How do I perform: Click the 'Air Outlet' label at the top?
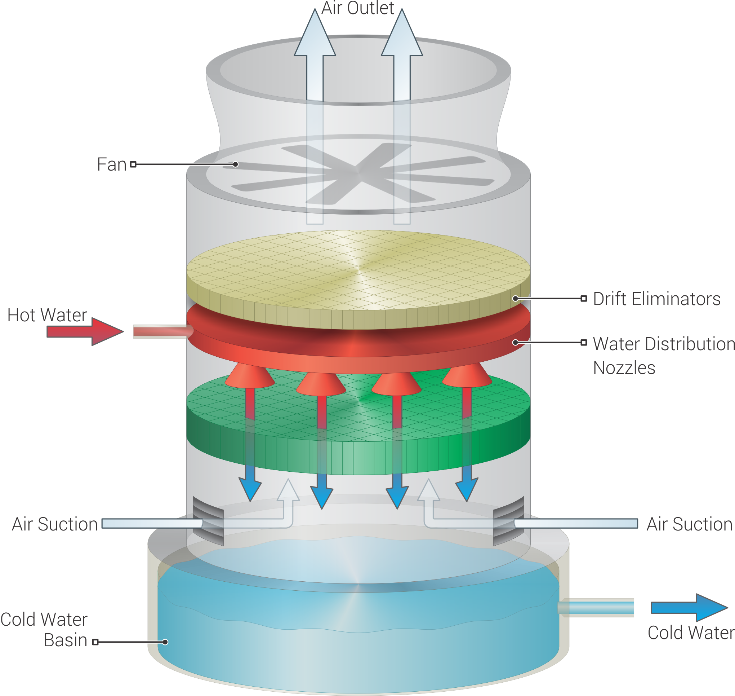357,8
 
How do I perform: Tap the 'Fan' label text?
111,164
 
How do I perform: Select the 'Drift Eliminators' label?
656,299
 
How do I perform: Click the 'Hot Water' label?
47,315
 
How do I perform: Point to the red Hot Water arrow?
85,331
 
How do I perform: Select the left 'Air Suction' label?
55,524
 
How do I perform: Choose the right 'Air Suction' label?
689,524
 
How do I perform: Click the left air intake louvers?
208,521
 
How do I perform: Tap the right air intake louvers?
508,521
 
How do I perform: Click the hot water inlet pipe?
161,331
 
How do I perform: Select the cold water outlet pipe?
597,608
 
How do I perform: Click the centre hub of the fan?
358,173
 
